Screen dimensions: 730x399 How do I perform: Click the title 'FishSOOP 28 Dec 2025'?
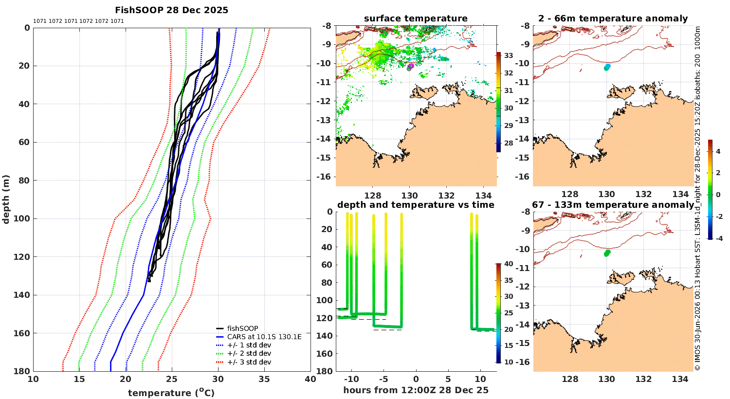pyautogui.click(x=171, y=10)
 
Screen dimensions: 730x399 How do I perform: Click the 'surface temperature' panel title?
pyautogui.click(x=416, y=18)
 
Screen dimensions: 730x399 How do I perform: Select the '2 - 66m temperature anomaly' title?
pyautogui.click(x=613, y=18)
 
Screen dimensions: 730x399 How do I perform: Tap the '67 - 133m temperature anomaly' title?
pyautogui.click(x=613, y=205)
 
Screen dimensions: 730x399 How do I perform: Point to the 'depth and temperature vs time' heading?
pyautogui.click(x=416, y=205)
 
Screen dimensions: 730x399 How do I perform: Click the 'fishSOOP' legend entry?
pyautogui.click(x=242, y=328)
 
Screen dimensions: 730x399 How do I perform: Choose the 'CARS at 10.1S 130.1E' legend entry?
pyautogui.click(x=264, y=337)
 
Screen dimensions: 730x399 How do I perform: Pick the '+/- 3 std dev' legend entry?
pyautogui.click(x=249, y=362)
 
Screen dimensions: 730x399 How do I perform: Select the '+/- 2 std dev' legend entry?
pyautogui.click(x=249, y=353)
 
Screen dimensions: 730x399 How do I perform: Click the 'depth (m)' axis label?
pyautogui.click(x=6, y=199)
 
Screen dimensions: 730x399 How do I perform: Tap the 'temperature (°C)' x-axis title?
pyautogui.click(x=171, y=393)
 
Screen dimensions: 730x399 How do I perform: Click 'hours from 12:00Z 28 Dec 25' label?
pyautogui.click(x=416, y=390)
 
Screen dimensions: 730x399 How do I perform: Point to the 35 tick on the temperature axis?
pyautogui.click(x=264, y=379)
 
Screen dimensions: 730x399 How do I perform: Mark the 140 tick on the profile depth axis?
pyautogui.click(x=22, y=295)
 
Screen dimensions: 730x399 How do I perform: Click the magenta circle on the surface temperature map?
pyautogui.click(x=411, y=66)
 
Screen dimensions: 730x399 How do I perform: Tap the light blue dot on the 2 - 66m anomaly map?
pyautogui.click(x=608, y=66)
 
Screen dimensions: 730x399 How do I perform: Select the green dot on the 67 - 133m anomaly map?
pyautogui.click(x=607, y=253)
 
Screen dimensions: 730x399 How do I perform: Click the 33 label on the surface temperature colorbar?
pyautogui.click(x=509, y=55)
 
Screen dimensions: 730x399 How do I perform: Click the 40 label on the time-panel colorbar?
pyautogui.click(x=509, y=264)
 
